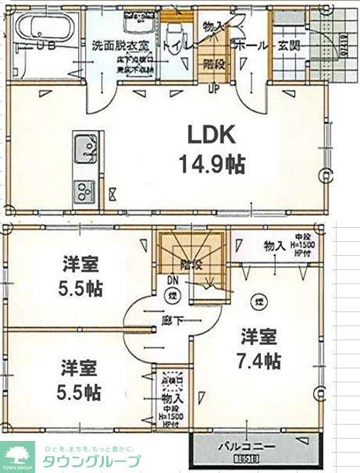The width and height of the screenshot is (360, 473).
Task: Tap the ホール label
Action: pyautogui.click(x=248, y=44)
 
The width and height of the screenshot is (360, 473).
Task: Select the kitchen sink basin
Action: pyautogui.click(x=83, y=146)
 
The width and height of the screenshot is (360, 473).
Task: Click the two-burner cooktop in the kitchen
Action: pyautogui.click(x=83, y=189)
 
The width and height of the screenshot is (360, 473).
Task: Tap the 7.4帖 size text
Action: pyautogui.click(x=260, y=362)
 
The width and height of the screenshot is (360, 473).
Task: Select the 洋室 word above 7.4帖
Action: pyautogui.click(x=258, y=338)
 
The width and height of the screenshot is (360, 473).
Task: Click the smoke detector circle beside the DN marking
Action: pyautogui.click(x=172, y=295)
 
